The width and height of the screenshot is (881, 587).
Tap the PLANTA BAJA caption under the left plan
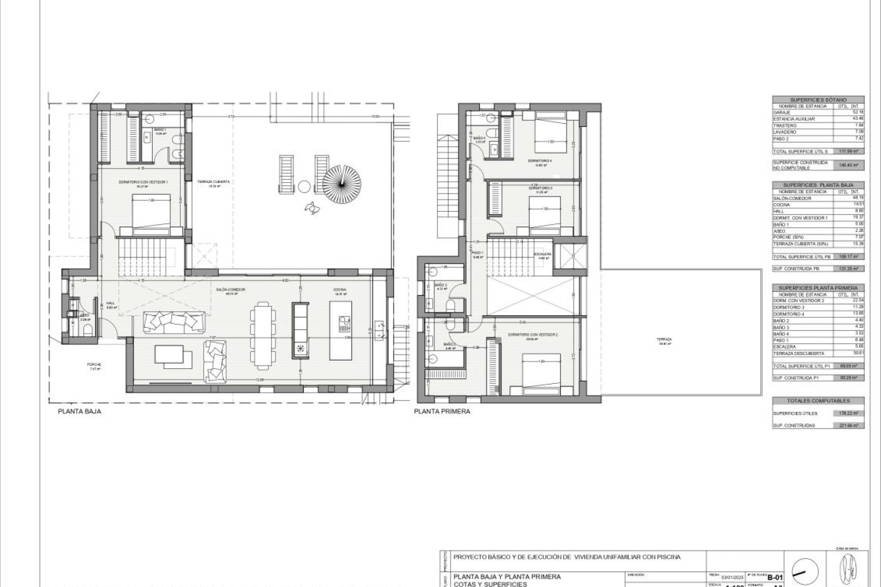[79, 411]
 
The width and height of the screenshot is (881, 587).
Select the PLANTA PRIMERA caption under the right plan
[442, 411]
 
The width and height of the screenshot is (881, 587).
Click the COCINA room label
[340, 289]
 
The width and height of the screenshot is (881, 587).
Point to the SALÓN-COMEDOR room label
[231, 289]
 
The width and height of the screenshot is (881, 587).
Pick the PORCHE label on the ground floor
[94, 365]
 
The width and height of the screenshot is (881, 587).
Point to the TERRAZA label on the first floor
[664, 339]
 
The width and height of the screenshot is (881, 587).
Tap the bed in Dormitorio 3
[545, 213]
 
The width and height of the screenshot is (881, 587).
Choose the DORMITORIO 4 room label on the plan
[540, 161]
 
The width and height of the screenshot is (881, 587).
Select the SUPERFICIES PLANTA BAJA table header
[818, 185]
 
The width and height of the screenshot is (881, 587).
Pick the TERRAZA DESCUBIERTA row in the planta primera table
[798, 354]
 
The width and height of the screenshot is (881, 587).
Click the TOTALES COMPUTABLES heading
[818, 401]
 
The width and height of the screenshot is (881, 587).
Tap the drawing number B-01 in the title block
[775, 578]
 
